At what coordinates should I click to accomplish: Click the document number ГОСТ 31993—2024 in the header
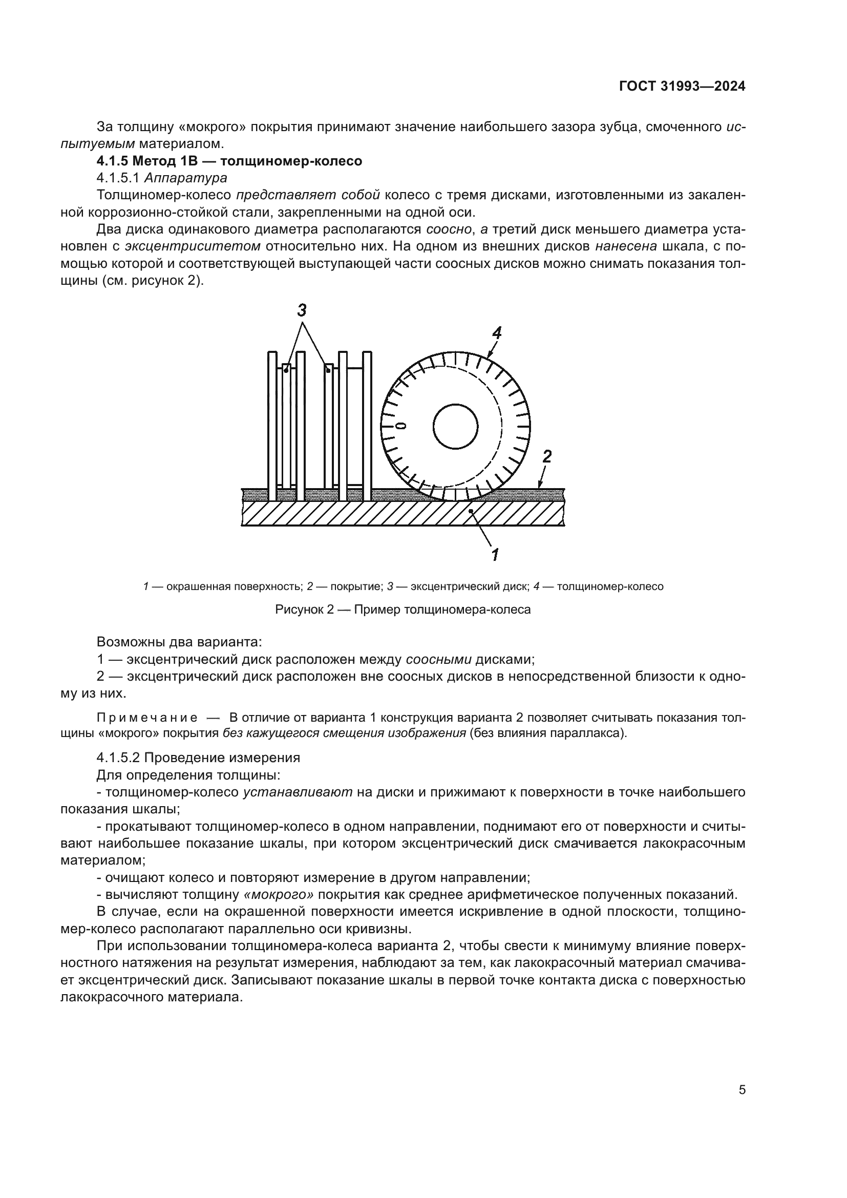[682, 87]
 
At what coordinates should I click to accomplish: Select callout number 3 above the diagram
[302, 310]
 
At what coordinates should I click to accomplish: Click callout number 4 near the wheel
[497, 332]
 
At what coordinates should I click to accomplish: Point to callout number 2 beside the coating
[546, 456]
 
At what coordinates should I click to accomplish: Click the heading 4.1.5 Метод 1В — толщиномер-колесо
[229, 161]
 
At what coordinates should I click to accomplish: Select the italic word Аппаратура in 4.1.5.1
[186, 178]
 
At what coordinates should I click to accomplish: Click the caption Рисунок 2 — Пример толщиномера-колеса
[403, 609]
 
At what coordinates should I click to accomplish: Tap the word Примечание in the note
[147, 718]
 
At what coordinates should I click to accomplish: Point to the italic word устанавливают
[298, 792]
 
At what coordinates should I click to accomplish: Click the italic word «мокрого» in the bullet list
[279, 895]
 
